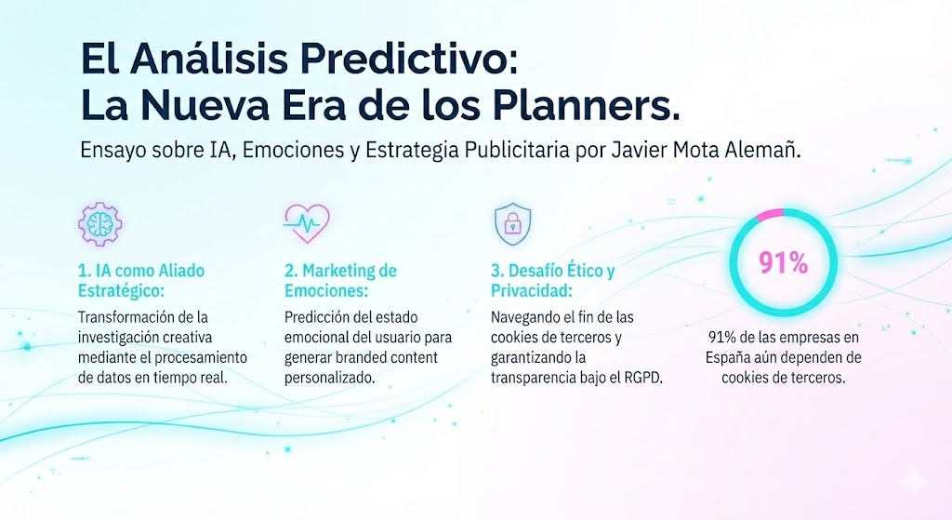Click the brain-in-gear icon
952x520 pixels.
pos(100,223)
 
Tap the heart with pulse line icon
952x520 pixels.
pos(307,223)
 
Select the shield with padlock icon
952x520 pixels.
pos(512,223)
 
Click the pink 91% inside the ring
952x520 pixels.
pos(783,263)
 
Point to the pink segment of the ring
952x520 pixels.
pos(768,213)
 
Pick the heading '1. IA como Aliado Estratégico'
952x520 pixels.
pos(141,281)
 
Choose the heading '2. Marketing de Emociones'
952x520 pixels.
pos(340,281)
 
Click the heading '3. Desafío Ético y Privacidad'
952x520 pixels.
pos(552,281)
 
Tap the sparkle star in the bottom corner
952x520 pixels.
pos(915,483)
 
